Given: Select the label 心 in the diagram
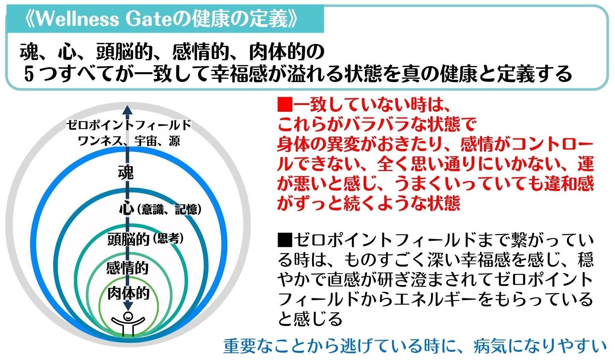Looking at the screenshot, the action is [127, 209].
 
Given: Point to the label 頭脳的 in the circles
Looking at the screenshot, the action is [128, 239].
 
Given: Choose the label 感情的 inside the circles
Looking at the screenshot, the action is [127, 268].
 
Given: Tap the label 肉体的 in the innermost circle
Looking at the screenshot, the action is [128, 293].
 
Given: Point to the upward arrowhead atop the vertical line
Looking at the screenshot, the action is [128, 110].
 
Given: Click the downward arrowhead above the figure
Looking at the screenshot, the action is [128, 305].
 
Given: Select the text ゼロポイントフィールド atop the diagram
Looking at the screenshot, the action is [128, 125].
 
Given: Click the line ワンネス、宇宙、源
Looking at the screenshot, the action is [128, 141].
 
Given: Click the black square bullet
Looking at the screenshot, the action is [285, 241].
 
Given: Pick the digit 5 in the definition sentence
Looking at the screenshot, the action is [29, 74].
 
